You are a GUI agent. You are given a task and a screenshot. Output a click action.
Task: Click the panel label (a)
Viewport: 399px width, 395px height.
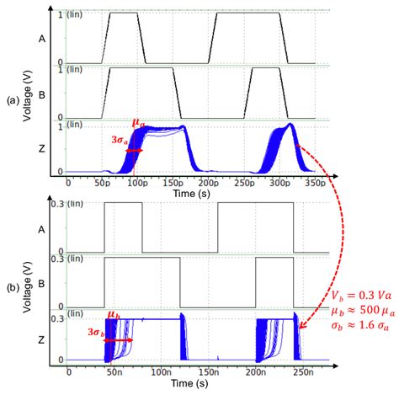coord(11,99)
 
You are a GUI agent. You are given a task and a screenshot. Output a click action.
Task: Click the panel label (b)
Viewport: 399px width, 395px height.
coord(11,286)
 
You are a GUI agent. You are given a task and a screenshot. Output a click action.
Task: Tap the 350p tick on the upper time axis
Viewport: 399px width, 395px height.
coord(314,180)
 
